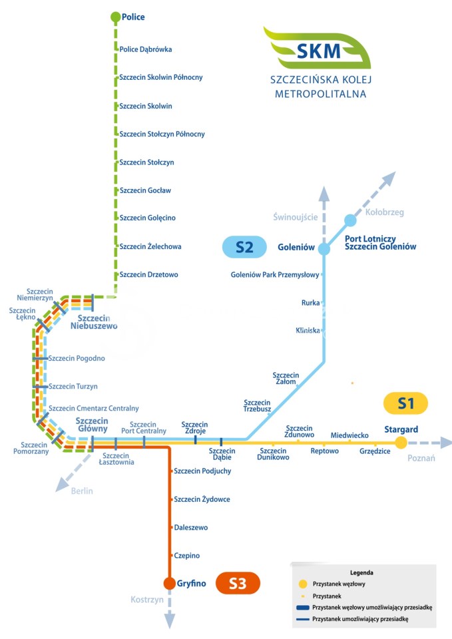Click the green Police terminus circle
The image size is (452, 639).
pos(115,17)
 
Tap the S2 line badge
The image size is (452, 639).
pos(244,248)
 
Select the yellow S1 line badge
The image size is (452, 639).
pos(405,403)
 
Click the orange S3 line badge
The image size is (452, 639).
pos(238,584)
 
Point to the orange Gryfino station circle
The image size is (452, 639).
pos(170,584)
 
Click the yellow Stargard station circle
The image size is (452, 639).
pos(401,443)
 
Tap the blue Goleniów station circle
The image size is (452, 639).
pos(324,248)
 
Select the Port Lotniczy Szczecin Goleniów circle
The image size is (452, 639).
pos(351,220)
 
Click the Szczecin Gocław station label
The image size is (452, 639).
pos(145,190)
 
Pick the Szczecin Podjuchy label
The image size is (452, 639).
pos(202,471)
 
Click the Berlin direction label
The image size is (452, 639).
pos(82,491)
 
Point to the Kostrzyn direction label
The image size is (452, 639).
pos(146,600)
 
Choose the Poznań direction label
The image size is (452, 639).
pos(421,458)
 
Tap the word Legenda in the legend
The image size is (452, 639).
pos(361,572)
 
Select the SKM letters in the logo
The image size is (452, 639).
pos(318,50)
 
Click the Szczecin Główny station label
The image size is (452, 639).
pos(93,425)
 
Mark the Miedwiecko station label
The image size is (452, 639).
pos(349,435)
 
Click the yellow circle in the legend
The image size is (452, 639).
pos(303,584)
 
